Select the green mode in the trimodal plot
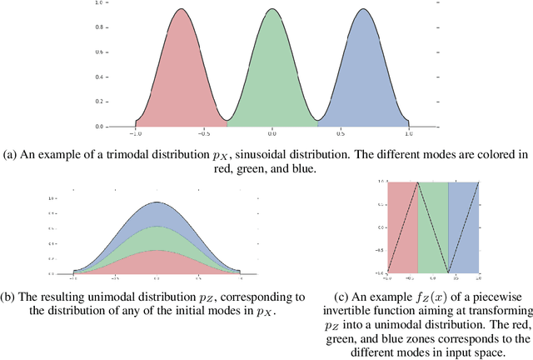coord(271,83)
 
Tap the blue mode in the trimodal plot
coord(362,83)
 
